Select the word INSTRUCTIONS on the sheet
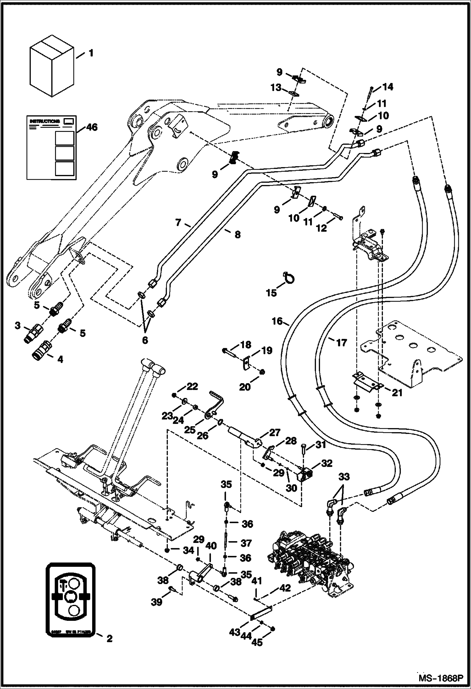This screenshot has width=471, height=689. (x=45, y=121)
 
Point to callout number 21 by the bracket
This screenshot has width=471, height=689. (x=397, y=393)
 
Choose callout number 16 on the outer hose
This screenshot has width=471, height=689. (x=278, y=322)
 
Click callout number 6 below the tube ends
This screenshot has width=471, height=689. (x=145, y=340)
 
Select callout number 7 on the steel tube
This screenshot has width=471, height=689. (x=178, y=223)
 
